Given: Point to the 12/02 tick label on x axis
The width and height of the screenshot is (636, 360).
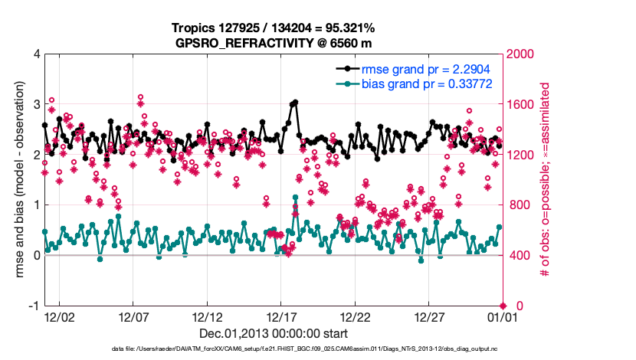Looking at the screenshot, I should point(59,316).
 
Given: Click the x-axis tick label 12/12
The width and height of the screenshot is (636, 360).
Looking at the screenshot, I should point(208,316).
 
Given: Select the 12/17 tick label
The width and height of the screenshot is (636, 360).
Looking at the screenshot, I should point(281,316).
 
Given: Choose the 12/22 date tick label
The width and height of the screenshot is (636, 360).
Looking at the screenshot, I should point(356,316).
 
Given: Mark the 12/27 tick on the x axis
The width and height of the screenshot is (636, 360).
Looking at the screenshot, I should point(429,316).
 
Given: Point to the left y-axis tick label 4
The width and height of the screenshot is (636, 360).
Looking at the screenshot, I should point(37,54).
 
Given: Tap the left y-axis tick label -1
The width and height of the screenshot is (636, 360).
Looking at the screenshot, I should point(34,306).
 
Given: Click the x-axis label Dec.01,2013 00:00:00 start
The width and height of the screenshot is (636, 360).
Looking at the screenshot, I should point(273,333).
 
